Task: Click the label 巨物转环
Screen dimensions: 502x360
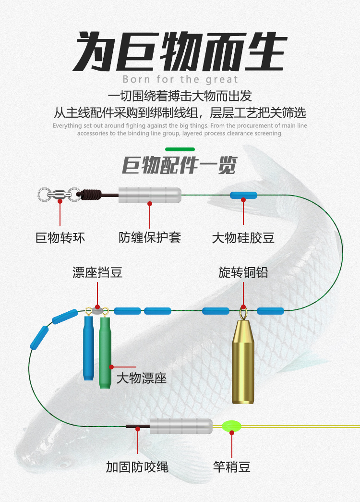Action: [60, 237]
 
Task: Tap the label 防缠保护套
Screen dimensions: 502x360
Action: [150, 237]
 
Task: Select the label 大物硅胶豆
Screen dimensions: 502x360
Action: [243, 238]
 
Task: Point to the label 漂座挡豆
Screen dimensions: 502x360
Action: [97, 273]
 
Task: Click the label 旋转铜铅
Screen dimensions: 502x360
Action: [243, 273]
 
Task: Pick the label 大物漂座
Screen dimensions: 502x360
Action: [142, 378]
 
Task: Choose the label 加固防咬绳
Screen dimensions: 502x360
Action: [137, 466]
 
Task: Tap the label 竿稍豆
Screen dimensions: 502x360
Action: [232, 466]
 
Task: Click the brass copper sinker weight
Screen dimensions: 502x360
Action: [243, 360]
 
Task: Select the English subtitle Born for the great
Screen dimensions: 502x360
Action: [180, 79]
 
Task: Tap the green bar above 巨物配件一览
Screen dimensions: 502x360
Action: [180, 149]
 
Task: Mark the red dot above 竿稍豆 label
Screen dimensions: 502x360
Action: [232, 433]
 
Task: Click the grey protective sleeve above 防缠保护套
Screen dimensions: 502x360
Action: [150, 195]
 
